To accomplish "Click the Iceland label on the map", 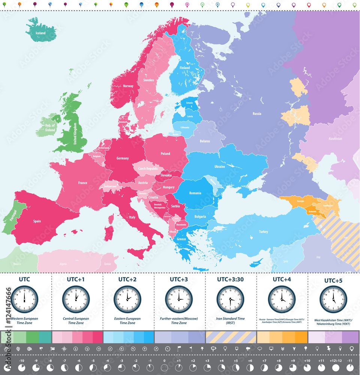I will [x=40, y=33].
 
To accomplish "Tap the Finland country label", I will [x=185, y=68].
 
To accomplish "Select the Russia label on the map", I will [x=257, y=114].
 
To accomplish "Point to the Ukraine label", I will [x=220, y=166].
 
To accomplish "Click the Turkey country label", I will [x=263, y=232].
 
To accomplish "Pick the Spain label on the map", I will [x=37, y=221].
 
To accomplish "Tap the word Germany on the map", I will [x=122, y=158].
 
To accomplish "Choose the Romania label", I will [x=195, y=193].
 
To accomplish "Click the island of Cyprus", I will [x=256, y=263].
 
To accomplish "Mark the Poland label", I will [x=165, y=153].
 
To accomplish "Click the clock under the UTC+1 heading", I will [x=76, y=299].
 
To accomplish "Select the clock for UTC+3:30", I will [x=230, y=299].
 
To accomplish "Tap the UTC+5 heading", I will [x=333, y=280].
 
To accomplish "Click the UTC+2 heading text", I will [x=128, y=279].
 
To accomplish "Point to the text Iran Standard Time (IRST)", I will [x=230, y=321].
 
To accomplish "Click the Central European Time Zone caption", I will [x=76, y=321].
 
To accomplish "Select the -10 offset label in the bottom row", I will [x=22, y=361].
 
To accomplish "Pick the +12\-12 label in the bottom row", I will [x=335, y=361].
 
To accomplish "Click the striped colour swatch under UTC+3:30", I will [x=230, y=337].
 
